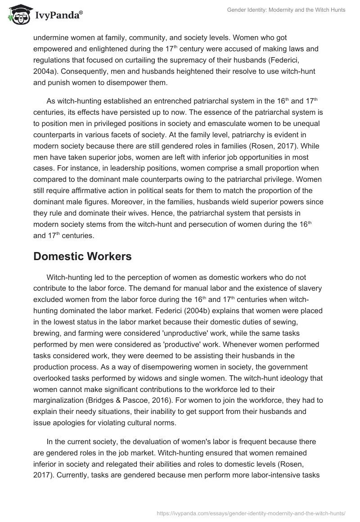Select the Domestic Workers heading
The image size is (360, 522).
82,256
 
